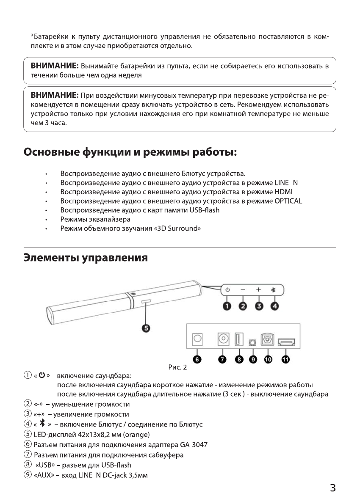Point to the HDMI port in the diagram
coord(286,342)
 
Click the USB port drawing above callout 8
coord(238,339)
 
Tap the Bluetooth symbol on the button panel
coord(273,290)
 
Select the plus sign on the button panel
coord(258,290)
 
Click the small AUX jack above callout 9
coord(253,342)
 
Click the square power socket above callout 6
coord(198,339)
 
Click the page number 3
coord(332,487)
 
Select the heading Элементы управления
coord(86,257)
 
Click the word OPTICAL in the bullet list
coord(288,201)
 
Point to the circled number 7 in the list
coord(28,455)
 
